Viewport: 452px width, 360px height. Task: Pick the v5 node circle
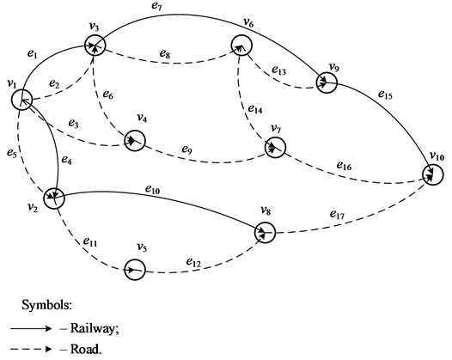click(x=133, y=269)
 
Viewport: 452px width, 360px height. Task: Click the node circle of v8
click(x=266, y=233)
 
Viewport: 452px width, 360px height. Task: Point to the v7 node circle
click(x=274, y=148)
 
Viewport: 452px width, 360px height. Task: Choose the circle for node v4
click(x=135, y=139)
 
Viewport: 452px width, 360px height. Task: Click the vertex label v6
click(x=248, y=22)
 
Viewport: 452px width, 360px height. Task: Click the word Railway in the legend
click(x=91, y=328)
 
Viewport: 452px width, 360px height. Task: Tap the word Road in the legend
click(x=84, y=350)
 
